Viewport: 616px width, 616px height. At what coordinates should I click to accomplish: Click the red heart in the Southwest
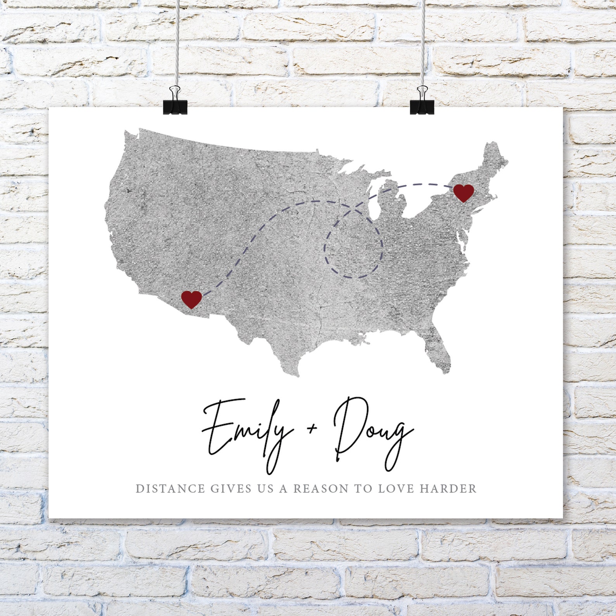tap(191, 299)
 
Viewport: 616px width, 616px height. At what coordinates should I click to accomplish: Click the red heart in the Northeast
tap(464, 193)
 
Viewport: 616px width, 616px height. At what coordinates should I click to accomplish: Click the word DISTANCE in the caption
tap(170, 488)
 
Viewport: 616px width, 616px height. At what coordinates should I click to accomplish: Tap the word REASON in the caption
tap(320, 488)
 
